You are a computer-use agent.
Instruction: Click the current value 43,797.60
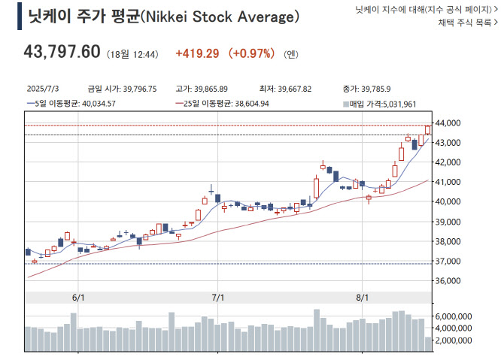coord(62,52)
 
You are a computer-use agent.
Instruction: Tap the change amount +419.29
coord(197,53)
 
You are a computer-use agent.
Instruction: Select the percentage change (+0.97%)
coord(254,53)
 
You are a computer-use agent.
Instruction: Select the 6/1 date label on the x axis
coord(77,298)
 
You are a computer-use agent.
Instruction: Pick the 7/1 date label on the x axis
coord(219,298)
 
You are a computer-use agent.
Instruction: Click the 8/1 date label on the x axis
coord(362,298)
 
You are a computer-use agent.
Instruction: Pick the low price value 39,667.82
coord(290,89)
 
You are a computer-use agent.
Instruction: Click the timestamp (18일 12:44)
coord(133,54)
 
